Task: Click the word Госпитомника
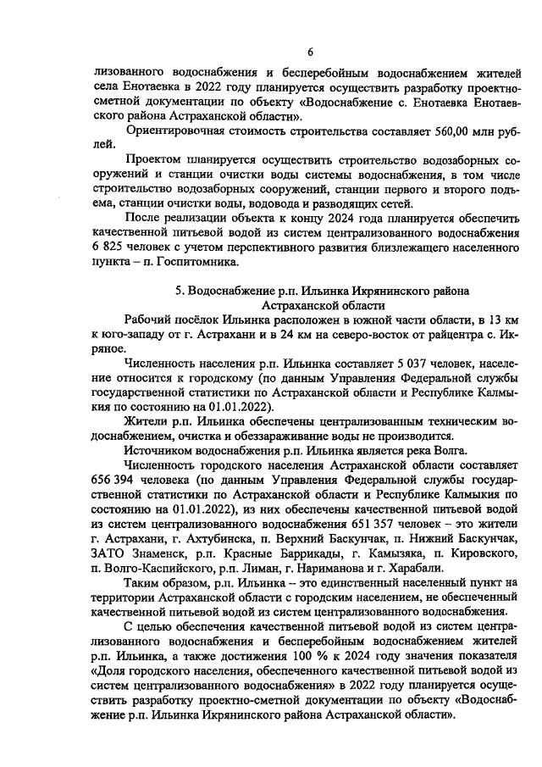(176, 262)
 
